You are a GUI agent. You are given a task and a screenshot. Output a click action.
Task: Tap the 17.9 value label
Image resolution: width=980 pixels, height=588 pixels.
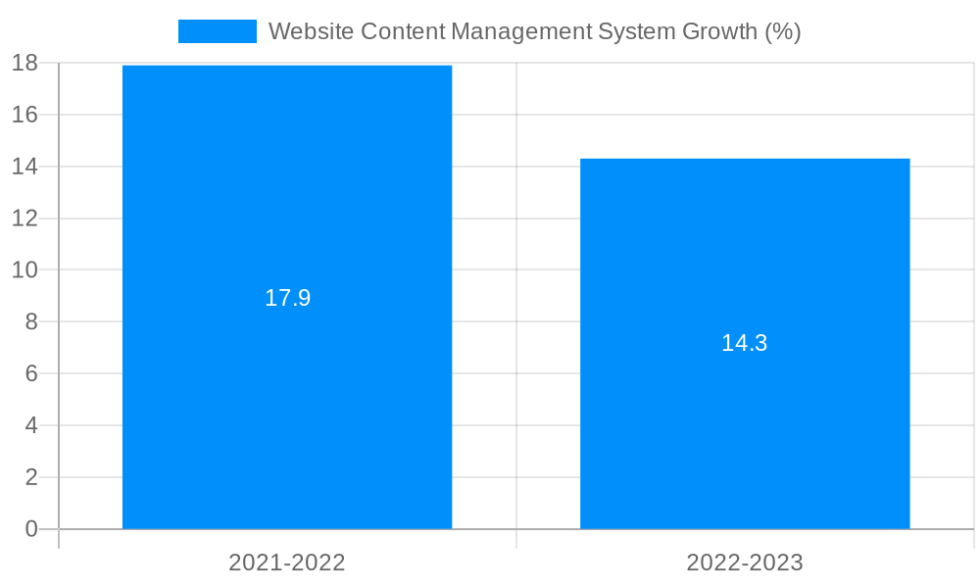click(x=287, y=298)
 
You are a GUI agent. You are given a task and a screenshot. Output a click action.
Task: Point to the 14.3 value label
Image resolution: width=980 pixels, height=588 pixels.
click(x=745, y=343)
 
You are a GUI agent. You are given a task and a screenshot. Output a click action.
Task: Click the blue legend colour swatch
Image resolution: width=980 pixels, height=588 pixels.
click(x=217, y=31)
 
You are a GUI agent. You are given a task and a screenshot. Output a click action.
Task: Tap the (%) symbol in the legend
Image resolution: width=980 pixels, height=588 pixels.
click(x=783, y=31)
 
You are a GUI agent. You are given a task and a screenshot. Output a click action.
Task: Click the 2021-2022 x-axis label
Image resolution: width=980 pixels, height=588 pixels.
click(x=287, y=563)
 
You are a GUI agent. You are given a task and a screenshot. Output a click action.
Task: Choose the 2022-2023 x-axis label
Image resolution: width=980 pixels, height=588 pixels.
click(x=745, y=563)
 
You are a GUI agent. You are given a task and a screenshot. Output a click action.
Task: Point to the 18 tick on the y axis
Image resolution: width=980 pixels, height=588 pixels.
click(x=24, y=64)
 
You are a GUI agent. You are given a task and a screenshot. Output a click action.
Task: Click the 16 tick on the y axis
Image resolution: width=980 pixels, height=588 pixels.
click(x=24, y=115)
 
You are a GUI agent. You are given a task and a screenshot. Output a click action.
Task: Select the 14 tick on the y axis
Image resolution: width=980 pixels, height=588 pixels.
click(x=24, y=167)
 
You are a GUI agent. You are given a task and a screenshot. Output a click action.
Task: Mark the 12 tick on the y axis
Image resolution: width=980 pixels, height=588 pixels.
click(x=24, y=219)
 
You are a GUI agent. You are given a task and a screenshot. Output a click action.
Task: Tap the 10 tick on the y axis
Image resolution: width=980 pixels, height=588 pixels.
click(x=24, y=269)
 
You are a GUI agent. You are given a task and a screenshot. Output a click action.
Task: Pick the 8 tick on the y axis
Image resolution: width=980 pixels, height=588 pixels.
click(x=30, y=321)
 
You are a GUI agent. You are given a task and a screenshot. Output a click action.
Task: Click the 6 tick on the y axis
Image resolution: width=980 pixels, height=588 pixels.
click(x=30, y=373)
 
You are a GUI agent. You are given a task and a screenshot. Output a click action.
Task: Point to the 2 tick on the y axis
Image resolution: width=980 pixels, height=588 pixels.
click(x=30, y=477)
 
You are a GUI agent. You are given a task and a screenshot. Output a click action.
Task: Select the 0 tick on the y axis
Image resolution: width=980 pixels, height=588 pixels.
click(x=30, y=529)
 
